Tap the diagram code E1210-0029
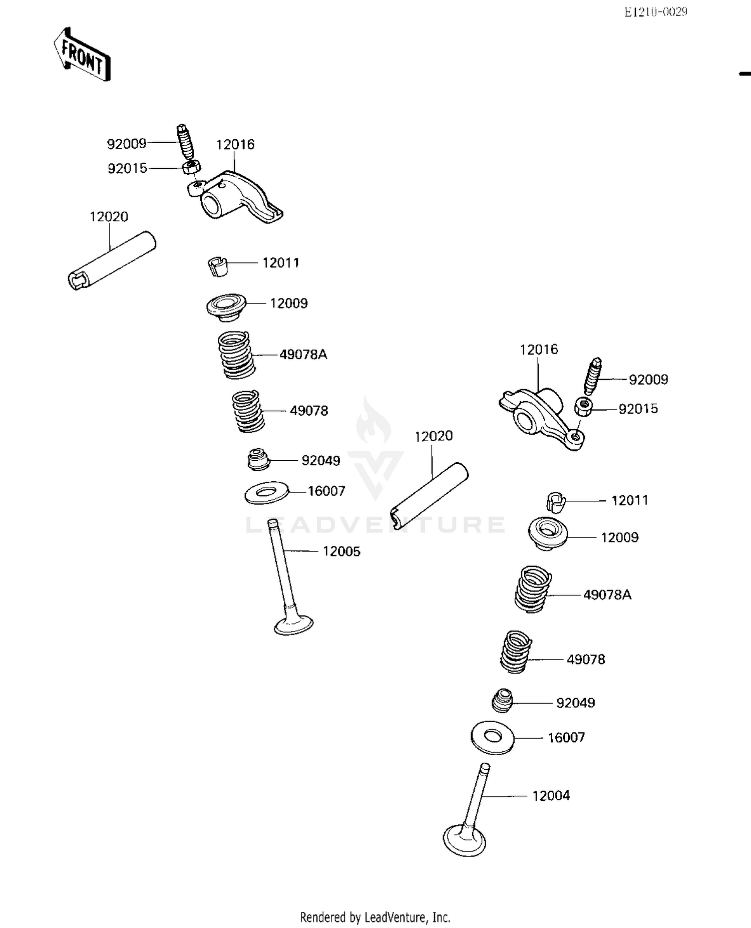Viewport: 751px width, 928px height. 655,12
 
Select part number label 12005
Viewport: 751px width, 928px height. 341,551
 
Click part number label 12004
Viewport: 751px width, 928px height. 551,795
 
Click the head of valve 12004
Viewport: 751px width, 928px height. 464,841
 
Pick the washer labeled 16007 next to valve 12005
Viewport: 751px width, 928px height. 267,493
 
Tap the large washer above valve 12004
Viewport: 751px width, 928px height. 493,737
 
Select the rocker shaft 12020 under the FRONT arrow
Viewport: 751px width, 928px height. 112,260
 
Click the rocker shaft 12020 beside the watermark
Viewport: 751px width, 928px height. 429,496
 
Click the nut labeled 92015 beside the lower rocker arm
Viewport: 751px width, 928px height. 583,406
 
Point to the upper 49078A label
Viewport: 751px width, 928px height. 303,355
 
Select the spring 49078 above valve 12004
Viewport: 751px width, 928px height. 515,652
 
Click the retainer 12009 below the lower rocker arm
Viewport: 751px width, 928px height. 548,533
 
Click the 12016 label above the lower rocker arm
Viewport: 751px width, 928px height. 539,350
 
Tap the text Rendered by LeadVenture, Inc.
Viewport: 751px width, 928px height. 375,917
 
